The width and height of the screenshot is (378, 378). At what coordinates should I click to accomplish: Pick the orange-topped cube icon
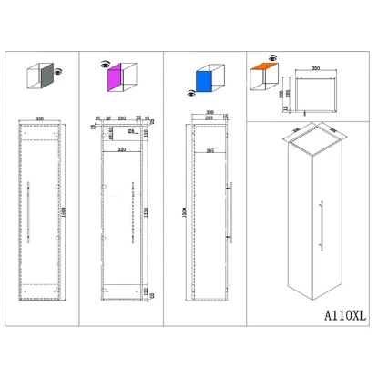click(x=262, y=73)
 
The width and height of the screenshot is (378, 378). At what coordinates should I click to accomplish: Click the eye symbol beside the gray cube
click(x=59, y=71)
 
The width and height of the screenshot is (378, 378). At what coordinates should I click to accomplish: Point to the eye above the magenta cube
click(x=105, y=64)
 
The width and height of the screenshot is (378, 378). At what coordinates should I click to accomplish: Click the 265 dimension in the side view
click(x=210, y=150)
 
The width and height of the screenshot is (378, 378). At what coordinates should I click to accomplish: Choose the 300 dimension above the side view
click(x=210, y=114)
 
